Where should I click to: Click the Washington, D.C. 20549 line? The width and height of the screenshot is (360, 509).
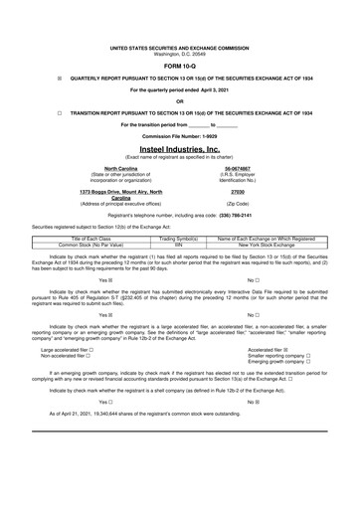pyautogui.click(x=179, y=53)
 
